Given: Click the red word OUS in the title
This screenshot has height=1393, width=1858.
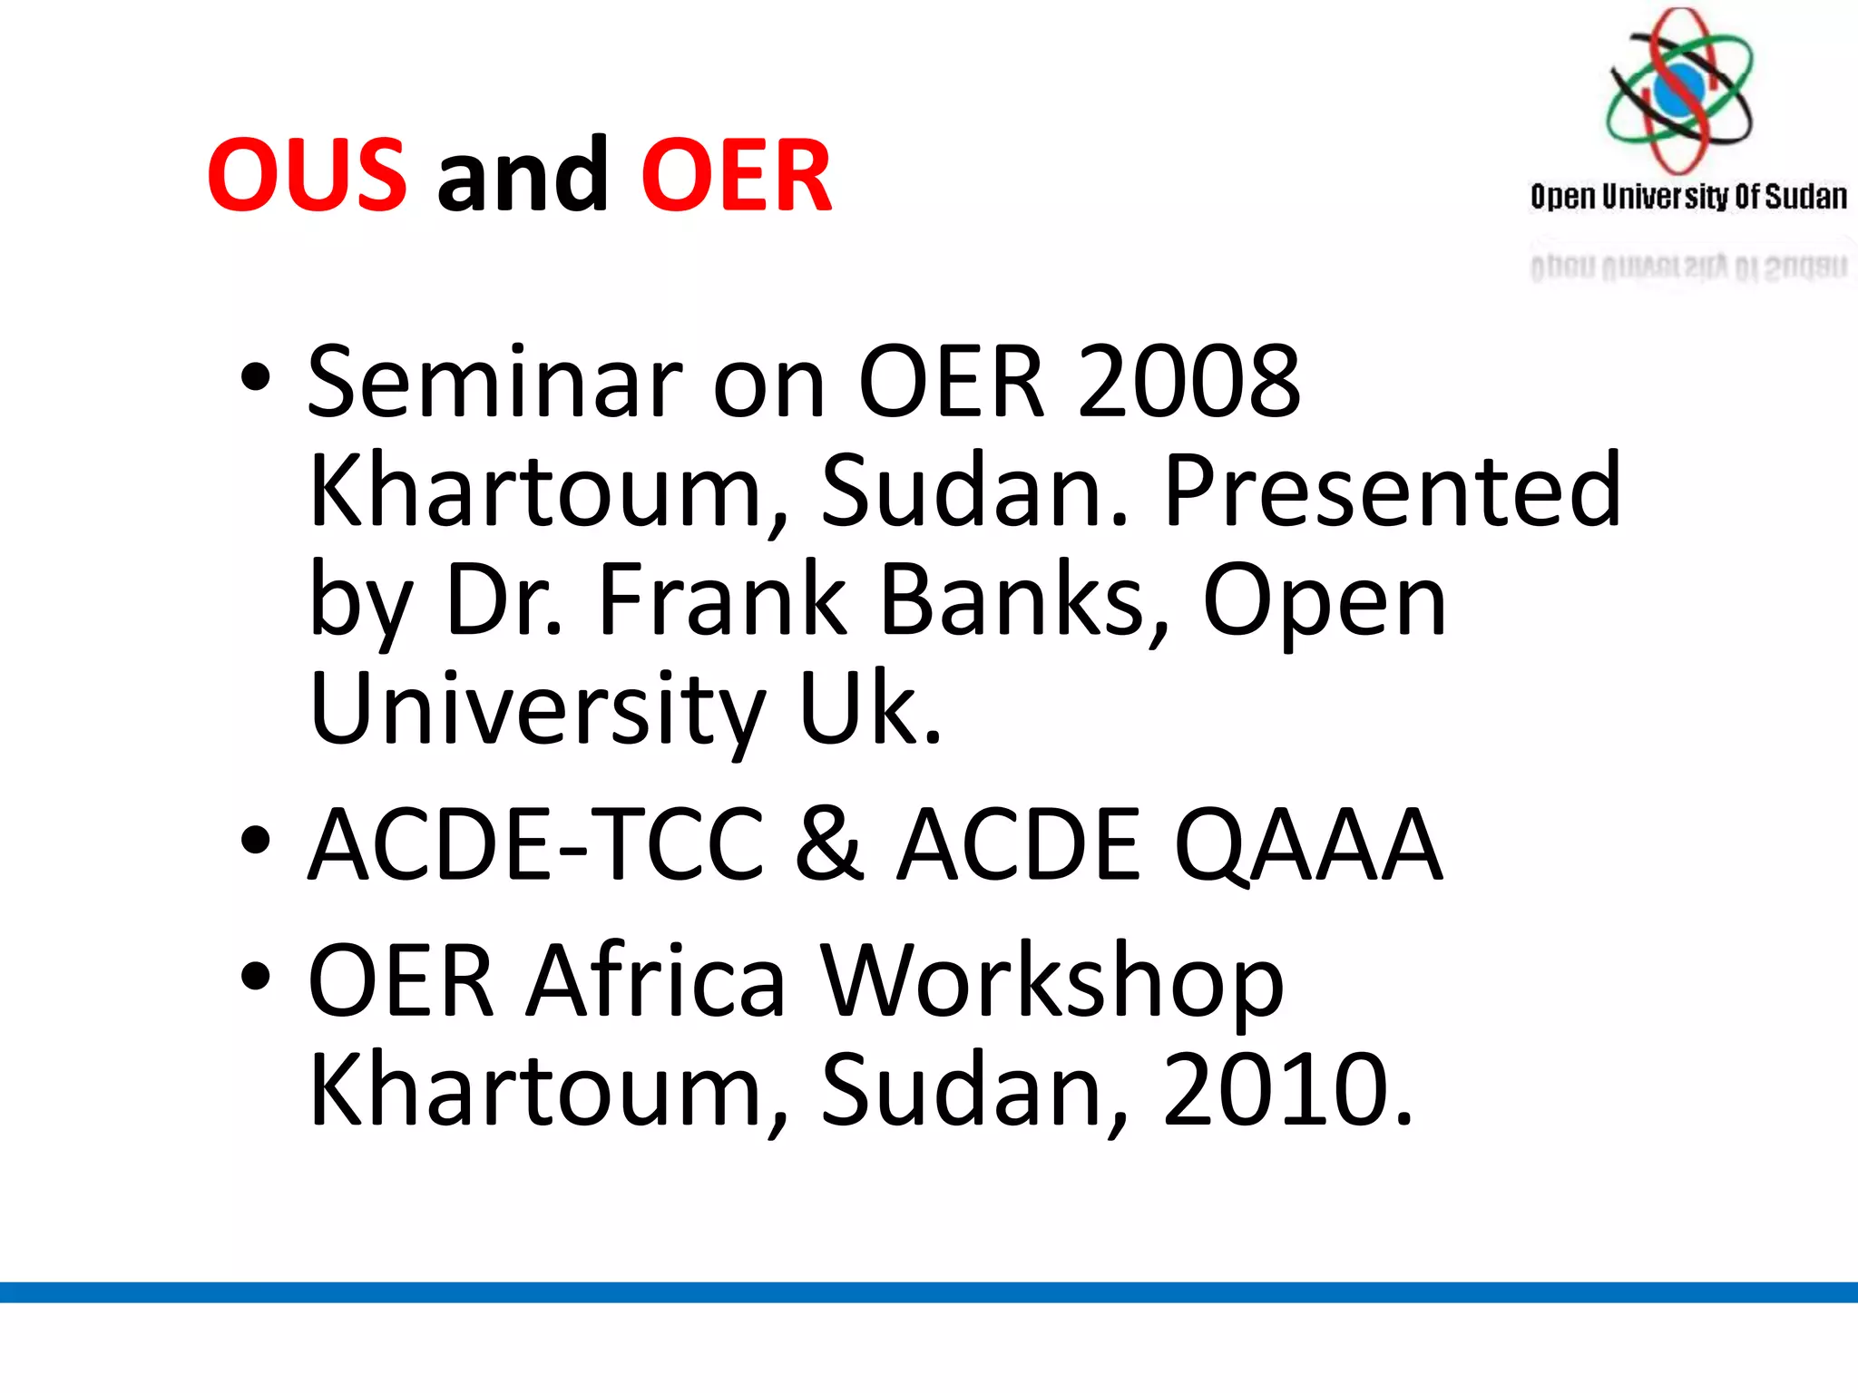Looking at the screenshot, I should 307,175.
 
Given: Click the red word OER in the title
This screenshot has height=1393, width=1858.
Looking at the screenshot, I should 736,175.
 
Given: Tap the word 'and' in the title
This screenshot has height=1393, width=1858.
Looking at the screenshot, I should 523,175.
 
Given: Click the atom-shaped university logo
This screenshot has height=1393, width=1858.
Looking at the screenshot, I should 1679,91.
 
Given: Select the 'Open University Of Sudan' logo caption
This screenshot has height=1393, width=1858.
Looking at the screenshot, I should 1688,197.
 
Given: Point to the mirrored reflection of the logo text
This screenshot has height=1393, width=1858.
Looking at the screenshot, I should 1688,267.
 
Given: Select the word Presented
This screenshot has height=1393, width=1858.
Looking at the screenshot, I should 1392,491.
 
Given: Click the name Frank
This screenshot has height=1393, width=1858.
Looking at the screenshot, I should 722,599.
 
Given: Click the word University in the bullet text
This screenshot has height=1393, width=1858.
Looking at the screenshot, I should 537,708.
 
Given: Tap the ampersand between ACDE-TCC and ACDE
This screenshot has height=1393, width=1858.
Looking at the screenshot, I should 830,844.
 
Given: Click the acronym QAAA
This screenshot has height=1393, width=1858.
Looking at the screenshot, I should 1307,844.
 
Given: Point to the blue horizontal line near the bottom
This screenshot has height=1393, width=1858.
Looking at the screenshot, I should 929,1292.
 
